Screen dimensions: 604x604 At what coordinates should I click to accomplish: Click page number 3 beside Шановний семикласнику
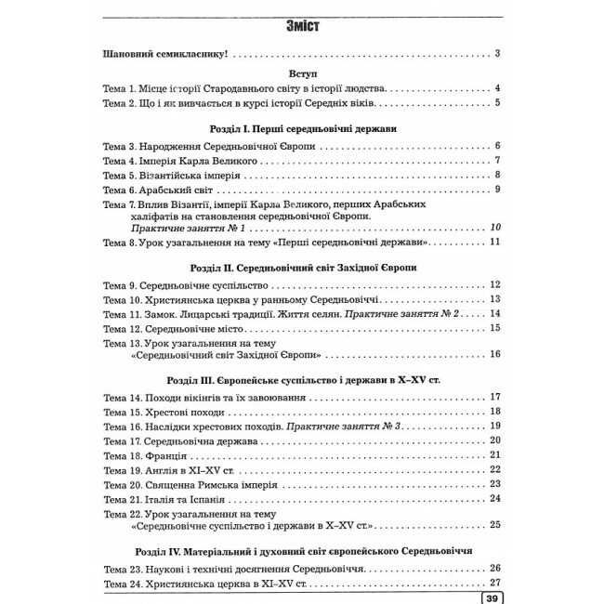point(498,53)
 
